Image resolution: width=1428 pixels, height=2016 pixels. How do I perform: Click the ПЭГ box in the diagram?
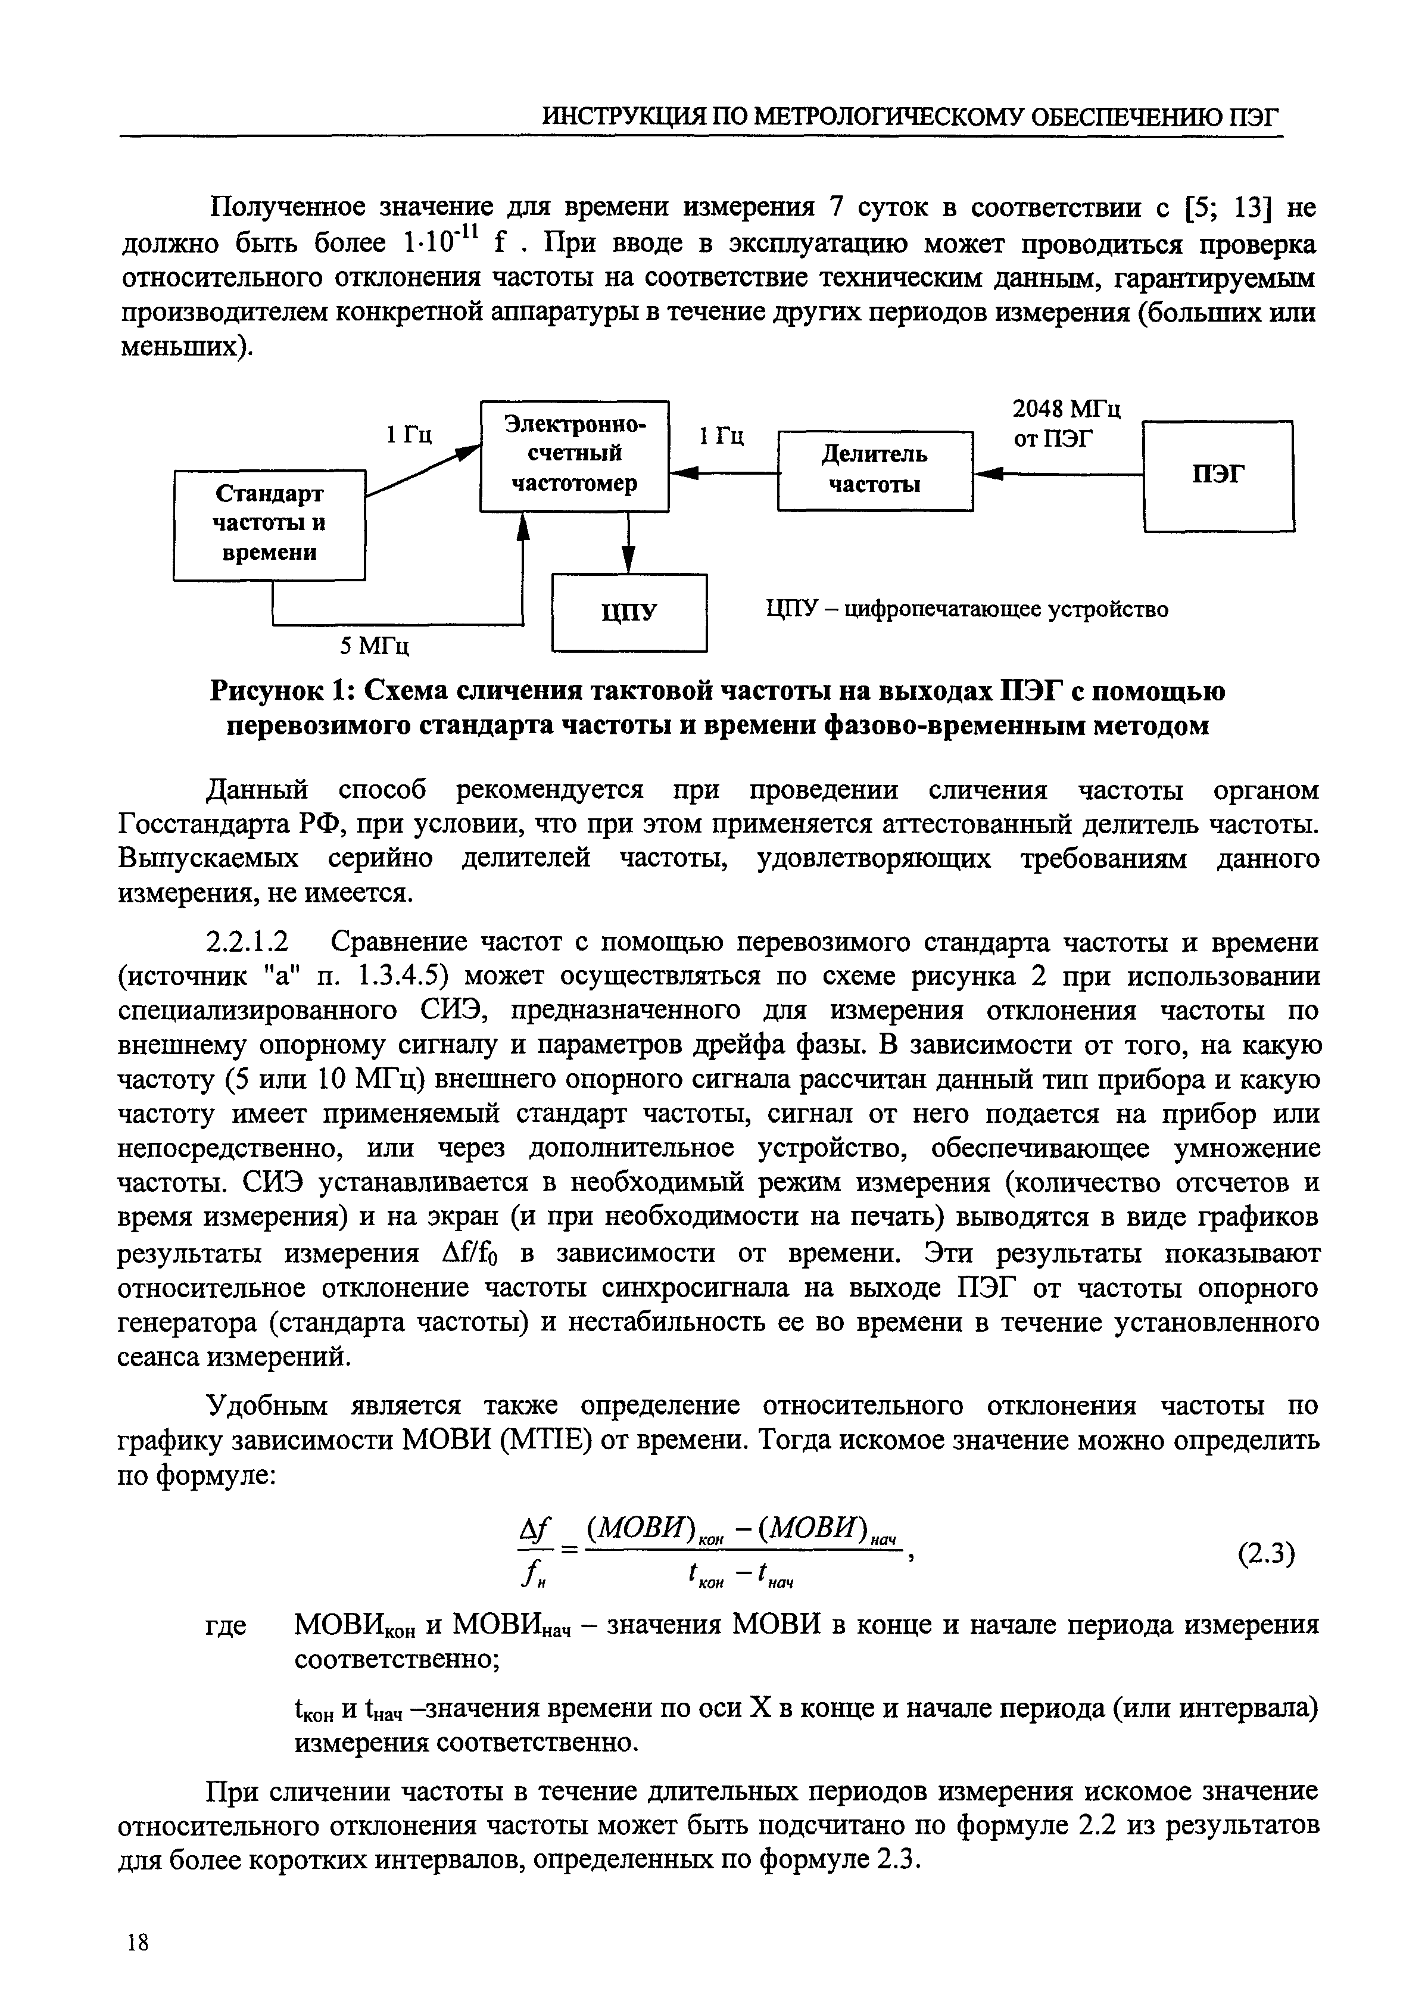pos(1218,476)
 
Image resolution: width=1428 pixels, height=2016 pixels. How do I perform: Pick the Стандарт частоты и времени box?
pos(268,524)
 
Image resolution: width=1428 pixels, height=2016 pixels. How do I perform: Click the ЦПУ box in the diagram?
pos(629,612)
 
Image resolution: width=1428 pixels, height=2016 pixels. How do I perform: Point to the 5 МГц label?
pos(376,646)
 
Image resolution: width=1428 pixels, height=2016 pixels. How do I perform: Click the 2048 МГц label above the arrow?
pos(1067,410)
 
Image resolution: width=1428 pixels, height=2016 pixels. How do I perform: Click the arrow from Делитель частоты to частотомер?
pos(723,475)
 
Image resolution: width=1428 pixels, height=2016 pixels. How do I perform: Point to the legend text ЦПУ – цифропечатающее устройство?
pos(967,609)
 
